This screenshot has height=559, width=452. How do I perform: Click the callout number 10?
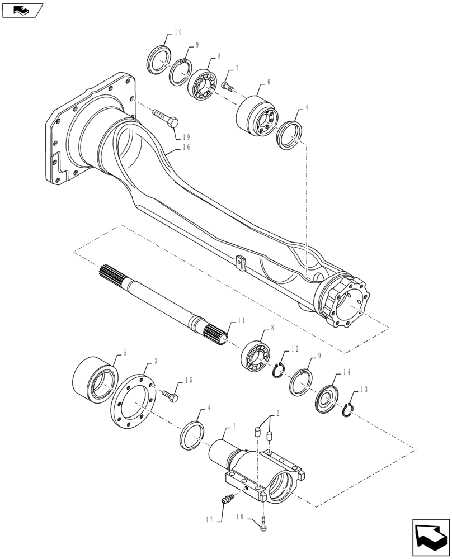click(178, 32)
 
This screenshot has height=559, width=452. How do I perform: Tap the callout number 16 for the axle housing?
click(186, 148)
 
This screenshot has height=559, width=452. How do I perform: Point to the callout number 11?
click(241, 321)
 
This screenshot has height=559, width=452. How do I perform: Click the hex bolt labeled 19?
click(164, 118)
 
